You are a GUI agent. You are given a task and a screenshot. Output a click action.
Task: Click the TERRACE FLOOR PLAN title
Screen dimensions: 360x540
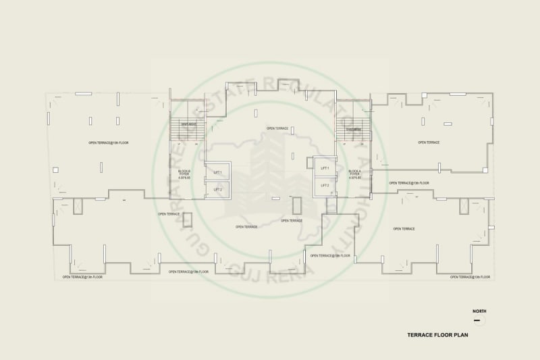coord(438,334)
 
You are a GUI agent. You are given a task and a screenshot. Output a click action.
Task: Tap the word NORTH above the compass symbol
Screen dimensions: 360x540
coord(479,311)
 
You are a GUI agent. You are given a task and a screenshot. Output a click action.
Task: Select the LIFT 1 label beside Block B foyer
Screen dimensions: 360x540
coord(217,172)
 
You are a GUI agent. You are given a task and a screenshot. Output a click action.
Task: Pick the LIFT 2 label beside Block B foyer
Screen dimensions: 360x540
coord(217,189)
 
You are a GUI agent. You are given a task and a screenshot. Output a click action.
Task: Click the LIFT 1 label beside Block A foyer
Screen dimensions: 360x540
coord(325,168)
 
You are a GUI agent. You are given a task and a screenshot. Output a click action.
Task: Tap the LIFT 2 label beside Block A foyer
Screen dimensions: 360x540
coord(325,184)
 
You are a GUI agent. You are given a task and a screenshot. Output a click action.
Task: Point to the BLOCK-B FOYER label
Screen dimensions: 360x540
coord(184,174)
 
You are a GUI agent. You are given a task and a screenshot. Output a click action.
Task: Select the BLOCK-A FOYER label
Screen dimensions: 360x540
coord(355,174)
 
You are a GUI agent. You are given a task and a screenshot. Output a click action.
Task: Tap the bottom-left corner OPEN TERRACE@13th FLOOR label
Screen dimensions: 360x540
coord(82,277)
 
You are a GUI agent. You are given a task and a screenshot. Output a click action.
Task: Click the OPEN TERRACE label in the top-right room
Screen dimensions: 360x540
coord(429,143)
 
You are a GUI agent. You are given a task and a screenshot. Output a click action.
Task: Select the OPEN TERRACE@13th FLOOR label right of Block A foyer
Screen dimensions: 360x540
coord(409,183)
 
